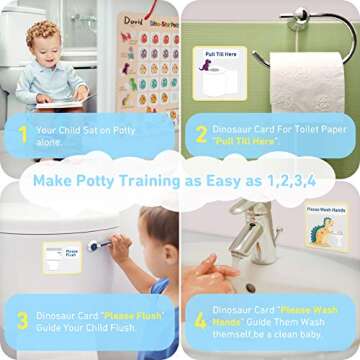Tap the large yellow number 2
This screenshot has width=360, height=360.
pos(201,135)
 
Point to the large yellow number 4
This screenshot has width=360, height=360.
pos(200,320)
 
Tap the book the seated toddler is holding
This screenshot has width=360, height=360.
pos(62,101)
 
